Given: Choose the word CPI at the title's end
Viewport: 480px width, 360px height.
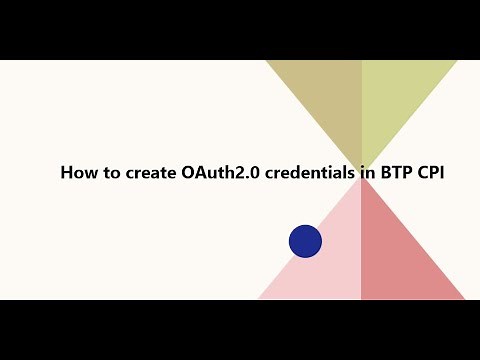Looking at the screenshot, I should pos(434,172).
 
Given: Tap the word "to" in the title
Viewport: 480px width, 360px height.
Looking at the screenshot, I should pos(109,172).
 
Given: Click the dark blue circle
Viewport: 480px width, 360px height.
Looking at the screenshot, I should pos(305,241).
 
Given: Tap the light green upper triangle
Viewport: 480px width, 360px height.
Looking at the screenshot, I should pos(395,95).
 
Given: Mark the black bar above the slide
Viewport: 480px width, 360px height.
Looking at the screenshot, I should pos(240,30).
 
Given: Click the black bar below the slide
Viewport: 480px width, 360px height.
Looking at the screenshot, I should pos(240,330).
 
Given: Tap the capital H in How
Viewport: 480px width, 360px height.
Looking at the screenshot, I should pos(67,172).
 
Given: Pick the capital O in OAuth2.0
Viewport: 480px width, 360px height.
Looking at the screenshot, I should pos(190,172).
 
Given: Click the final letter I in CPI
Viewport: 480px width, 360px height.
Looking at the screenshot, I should pos(444,172).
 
